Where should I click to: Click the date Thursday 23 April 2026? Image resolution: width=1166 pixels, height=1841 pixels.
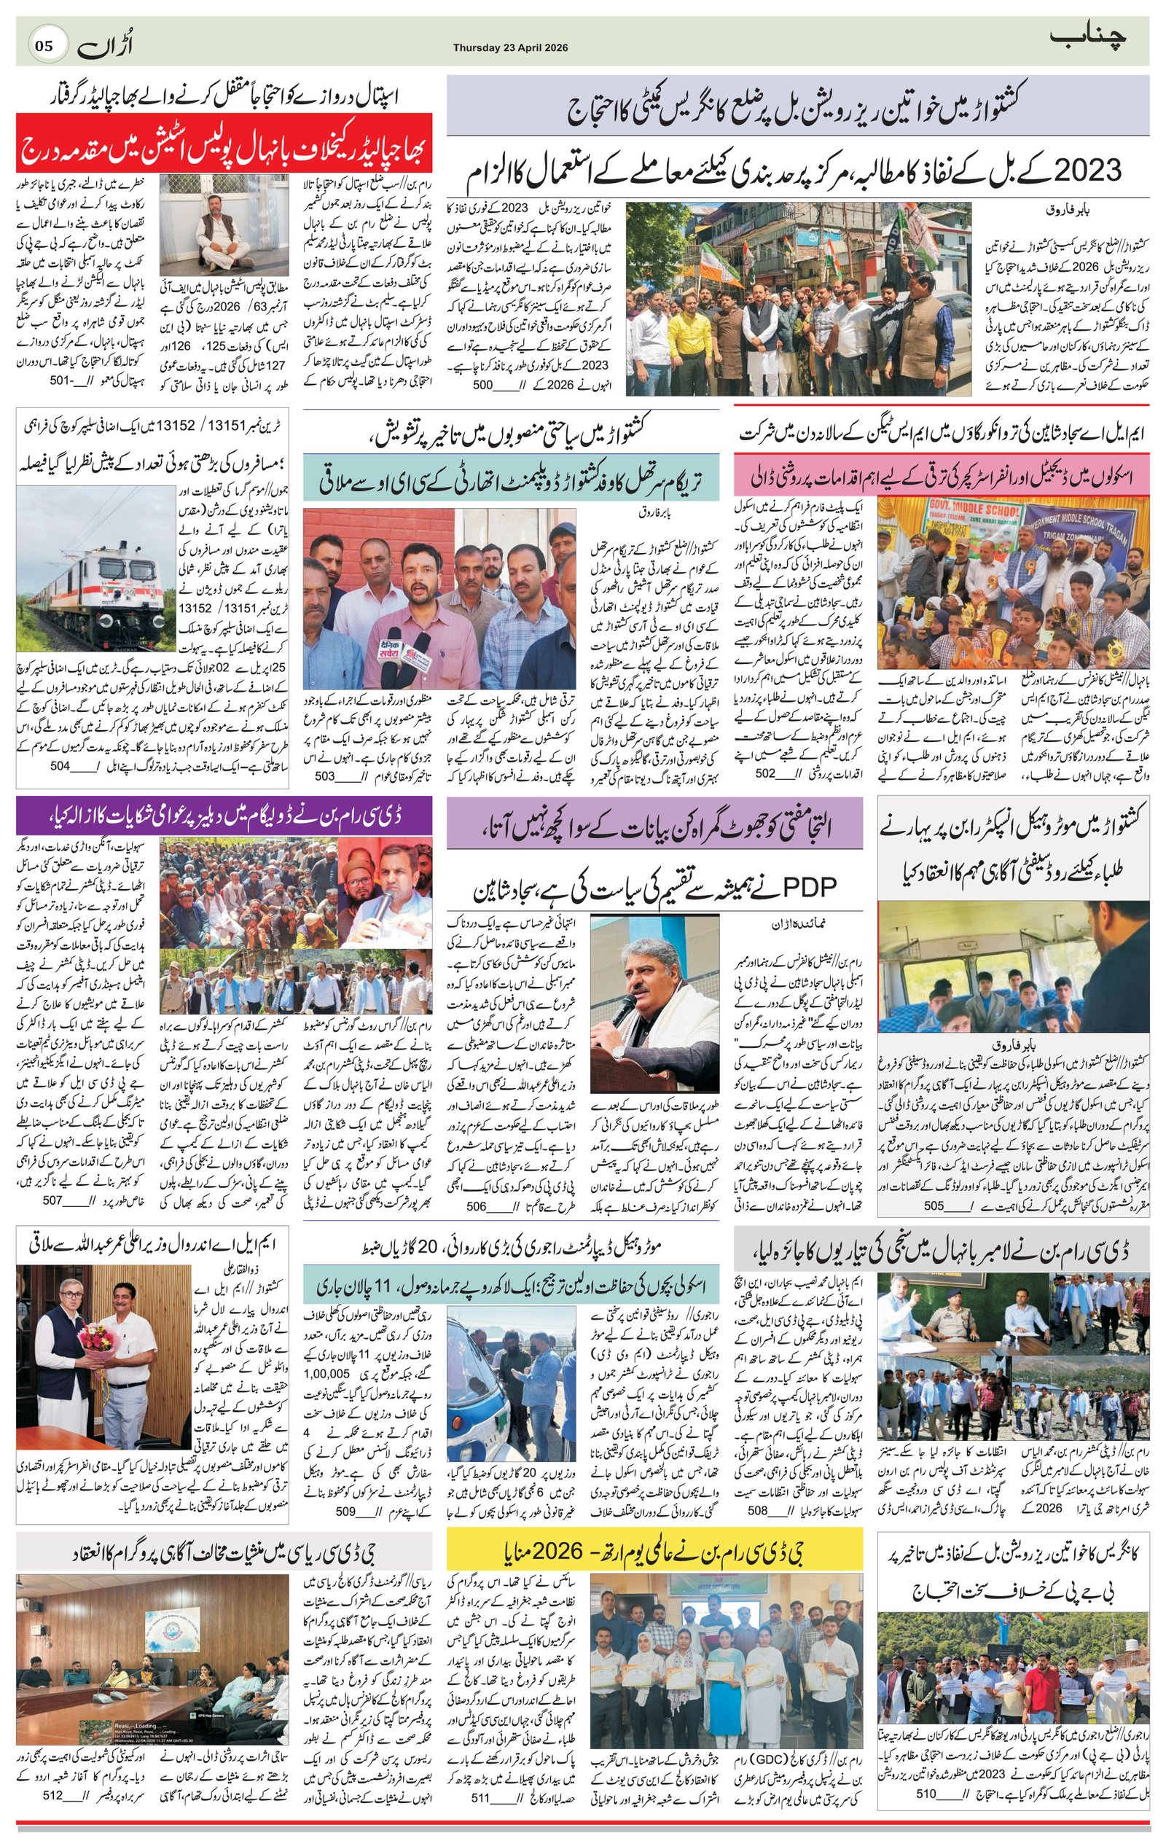[x=510, y=47]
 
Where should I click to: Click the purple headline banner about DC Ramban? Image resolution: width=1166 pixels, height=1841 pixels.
[x=224, y=816]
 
